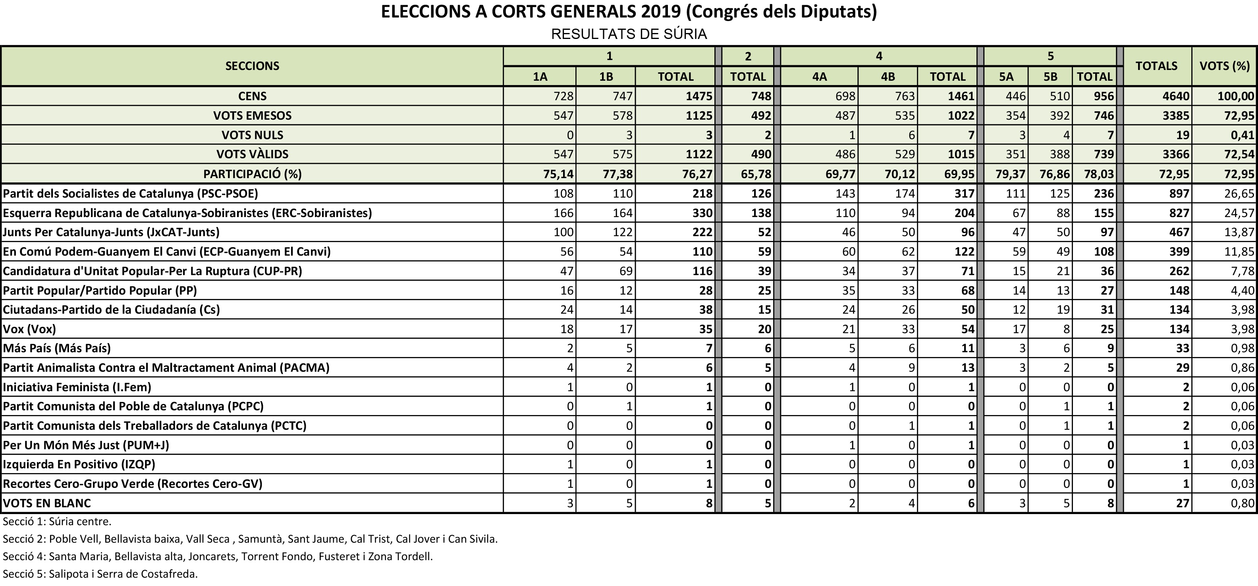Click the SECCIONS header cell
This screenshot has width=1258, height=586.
tap(252, 66)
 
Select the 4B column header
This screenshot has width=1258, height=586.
tap(888, 77)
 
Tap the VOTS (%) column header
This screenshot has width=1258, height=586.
tap(1224, 66)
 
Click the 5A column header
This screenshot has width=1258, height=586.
tap(1005, 77)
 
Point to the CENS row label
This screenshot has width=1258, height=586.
tap(252, 96)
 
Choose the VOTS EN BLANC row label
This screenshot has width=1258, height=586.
tap(47, 503)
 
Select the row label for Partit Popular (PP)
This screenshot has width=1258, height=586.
tap(100, 290)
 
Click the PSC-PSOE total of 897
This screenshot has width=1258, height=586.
tap(1179, 194)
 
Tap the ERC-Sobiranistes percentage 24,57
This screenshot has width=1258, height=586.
tap(1239, 213)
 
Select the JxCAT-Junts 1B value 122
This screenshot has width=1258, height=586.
tap(622, 232)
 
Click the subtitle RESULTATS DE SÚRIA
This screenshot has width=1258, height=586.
tap(629, 34)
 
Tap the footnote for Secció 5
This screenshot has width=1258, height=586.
tap(100, 574)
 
